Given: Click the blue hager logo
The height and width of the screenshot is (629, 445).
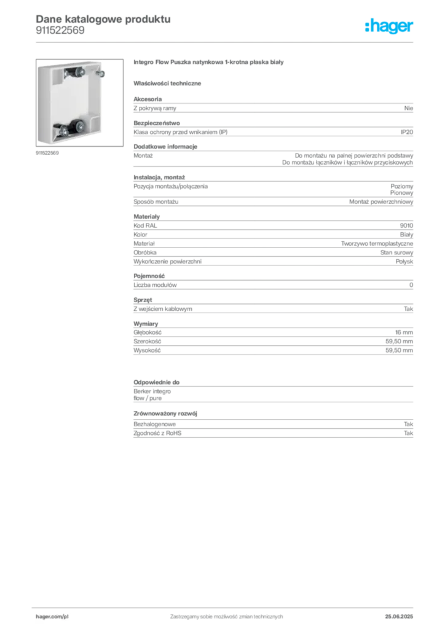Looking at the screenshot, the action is [x=390, y=26].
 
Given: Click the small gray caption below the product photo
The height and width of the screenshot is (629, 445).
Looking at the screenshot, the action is [x=49, y=154].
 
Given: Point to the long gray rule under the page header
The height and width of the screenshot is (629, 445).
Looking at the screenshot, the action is [x=226, y=42].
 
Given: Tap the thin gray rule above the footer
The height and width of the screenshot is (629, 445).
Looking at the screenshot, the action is [x=226, y=606].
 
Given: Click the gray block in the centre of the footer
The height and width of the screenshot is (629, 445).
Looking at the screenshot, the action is [x=226, y=614].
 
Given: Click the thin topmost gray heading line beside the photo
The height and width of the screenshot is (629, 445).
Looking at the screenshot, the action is [x=209, y=63].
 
